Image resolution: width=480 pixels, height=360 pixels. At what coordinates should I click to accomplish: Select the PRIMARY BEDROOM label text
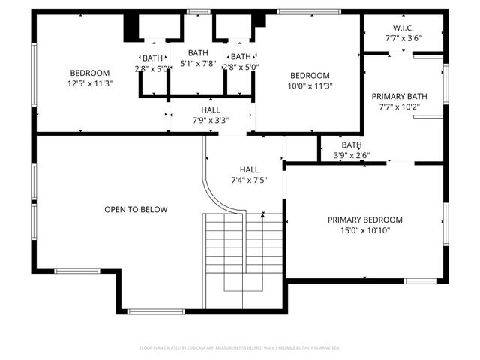pos(364,220)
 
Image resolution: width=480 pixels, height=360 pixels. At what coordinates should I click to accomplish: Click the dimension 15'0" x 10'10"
pos(364,230)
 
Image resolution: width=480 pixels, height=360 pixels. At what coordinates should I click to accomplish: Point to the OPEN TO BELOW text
pos(136,209)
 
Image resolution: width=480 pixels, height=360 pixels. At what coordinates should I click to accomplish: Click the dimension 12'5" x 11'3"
pos(89,84)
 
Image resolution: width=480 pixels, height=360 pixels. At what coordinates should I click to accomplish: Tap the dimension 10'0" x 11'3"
pos(310,85)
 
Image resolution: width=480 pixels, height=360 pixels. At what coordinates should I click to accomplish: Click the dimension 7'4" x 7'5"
pos(249,180)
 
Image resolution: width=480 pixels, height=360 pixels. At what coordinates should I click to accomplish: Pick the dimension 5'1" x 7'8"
pos(198,63)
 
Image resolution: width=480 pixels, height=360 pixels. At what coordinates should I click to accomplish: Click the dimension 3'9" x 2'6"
pos(352,156)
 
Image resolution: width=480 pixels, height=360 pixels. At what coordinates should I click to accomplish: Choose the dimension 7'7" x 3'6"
pos(403,37)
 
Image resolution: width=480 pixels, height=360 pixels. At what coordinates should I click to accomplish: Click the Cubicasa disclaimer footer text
pos(240,348)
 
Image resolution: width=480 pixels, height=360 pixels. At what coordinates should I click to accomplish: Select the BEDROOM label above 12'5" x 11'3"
pos(89,73)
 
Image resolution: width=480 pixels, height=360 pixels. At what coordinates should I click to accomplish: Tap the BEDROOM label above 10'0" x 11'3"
pos(310,75)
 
